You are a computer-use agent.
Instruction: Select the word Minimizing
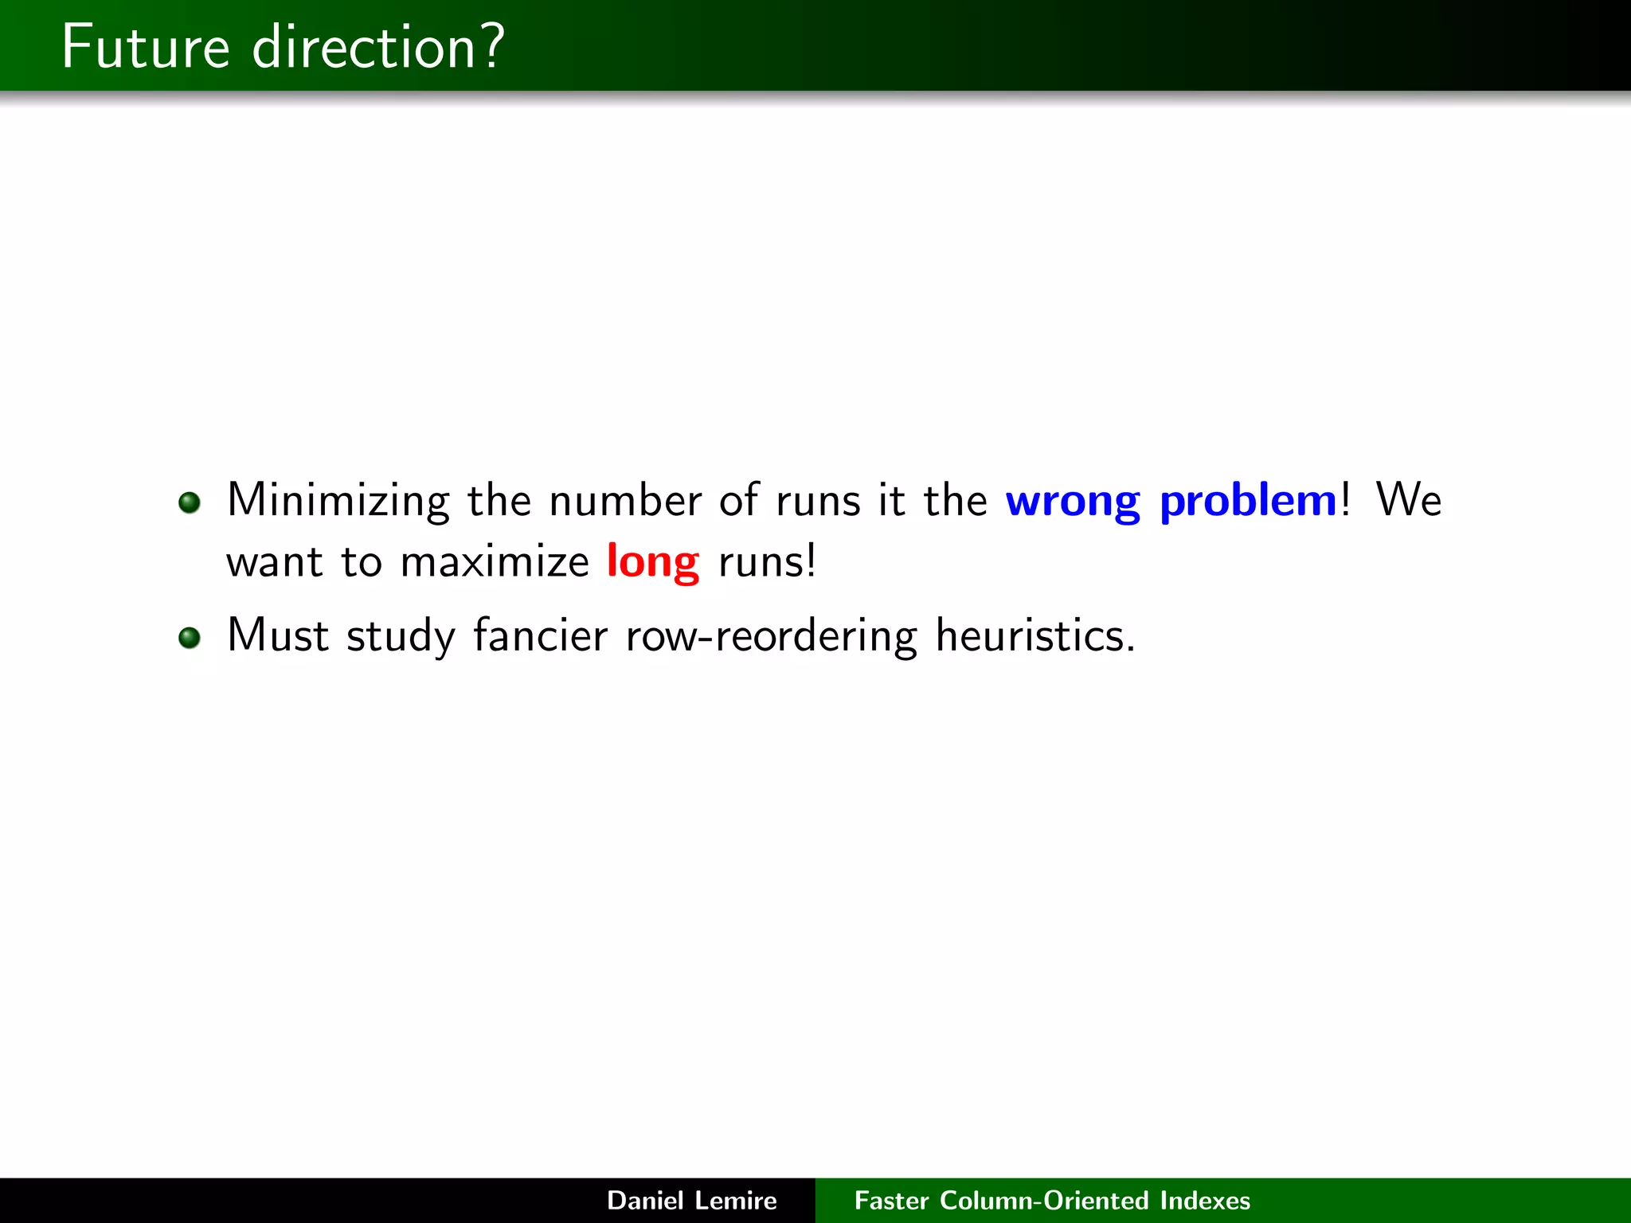click(338, 501)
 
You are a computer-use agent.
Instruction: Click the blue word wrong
click(1072, 501)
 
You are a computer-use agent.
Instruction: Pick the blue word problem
click(1248, 501)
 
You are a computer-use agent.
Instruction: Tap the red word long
click(652, 562)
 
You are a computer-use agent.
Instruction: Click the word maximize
click(494, 562)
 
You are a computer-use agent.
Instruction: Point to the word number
click(625, 501)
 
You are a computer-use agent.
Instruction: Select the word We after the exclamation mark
click(1408, 501)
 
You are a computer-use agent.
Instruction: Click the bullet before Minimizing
click(190, 502)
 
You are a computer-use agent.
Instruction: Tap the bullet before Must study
click(190, 638)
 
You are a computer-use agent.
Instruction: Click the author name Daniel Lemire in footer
click(691, 1200)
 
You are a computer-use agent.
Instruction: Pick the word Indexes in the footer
click(1205, 1200)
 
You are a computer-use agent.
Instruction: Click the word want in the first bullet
click(275, 562)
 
